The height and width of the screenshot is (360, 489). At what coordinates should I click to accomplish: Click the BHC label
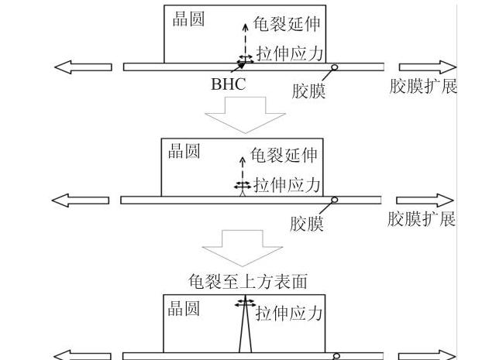tap(229, 84)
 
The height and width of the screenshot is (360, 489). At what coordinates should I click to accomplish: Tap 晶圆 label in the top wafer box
tap(188, 19)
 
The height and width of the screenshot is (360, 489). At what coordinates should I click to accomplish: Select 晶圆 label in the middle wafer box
tap(184, 151)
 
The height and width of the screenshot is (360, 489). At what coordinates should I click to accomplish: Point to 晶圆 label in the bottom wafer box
tap(184, 308)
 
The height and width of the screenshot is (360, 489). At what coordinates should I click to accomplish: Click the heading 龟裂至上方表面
tap(248, 281)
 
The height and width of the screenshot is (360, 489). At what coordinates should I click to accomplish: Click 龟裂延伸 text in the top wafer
tap(287, 24)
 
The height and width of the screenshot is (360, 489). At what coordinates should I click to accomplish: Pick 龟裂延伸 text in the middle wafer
tap(284, 155)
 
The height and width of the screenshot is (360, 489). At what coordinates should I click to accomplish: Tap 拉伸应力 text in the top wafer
tap(290, 53)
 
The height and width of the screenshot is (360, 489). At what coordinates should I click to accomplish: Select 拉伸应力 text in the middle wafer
tap(287, 185)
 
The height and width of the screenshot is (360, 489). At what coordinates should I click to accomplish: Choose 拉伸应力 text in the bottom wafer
tap(289, 313)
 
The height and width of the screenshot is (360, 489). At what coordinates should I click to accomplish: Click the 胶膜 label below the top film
tap(308, 91)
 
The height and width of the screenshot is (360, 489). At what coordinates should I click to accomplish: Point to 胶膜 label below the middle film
tap(307, 224)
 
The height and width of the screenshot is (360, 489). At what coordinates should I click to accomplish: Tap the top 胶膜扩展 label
tap(423, 86)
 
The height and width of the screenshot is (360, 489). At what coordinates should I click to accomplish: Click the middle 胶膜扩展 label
tap(422, 219)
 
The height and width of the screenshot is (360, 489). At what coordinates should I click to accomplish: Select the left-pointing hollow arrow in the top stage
tap(83, 67)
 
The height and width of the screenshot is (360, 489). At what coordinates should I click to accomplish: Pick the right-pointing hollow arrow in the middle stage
tap(425, 200)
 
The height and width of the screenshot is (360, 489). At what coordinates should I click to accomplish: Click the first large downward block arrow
tap(245, 115)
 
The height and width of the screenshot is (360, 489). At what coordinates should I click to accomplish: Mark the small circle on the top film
tap(334, 67)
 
